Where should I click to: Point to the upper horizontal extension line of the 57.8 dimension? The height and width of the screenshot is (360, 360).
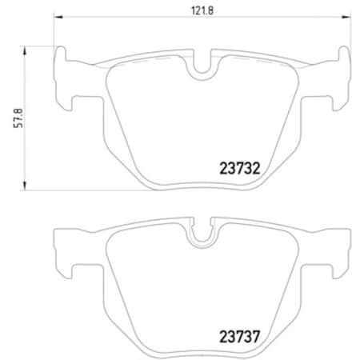point(40,46)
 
